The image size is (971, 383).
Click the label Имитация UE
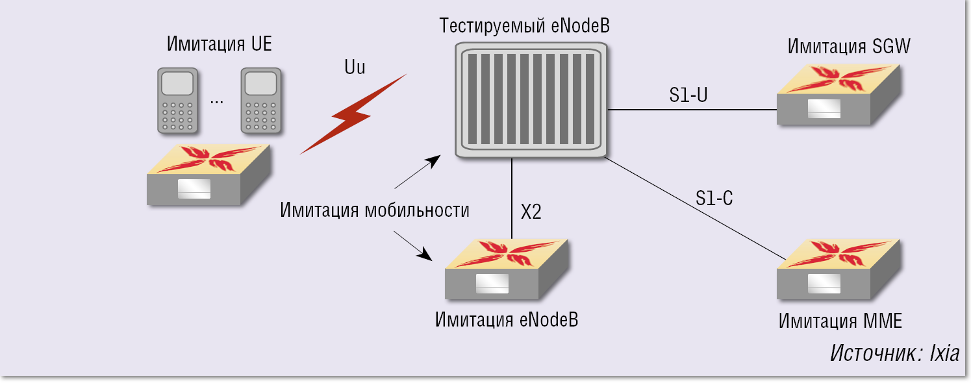tap(219, 45)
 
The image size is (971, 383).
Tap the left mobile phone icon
tap(177, 101)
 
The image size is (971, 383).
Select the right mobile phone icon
tap(262, 101)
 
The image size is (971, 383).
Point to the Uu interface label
tap(355, 67)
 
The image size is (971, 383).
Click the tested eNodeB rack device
tap(532, 101)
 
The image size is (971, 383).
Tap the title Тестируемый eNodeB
tap(525, 27)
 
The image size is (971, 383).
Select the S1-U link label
tap(688, 95)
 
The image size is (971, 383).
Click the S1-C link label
tap(714, 199)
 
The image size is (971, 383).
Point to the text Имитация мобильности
tap(375, 210)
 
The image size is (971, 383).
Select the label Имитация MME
tap(840, 321)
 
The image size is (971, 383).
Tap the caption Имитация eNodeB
tap(507, 320)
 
